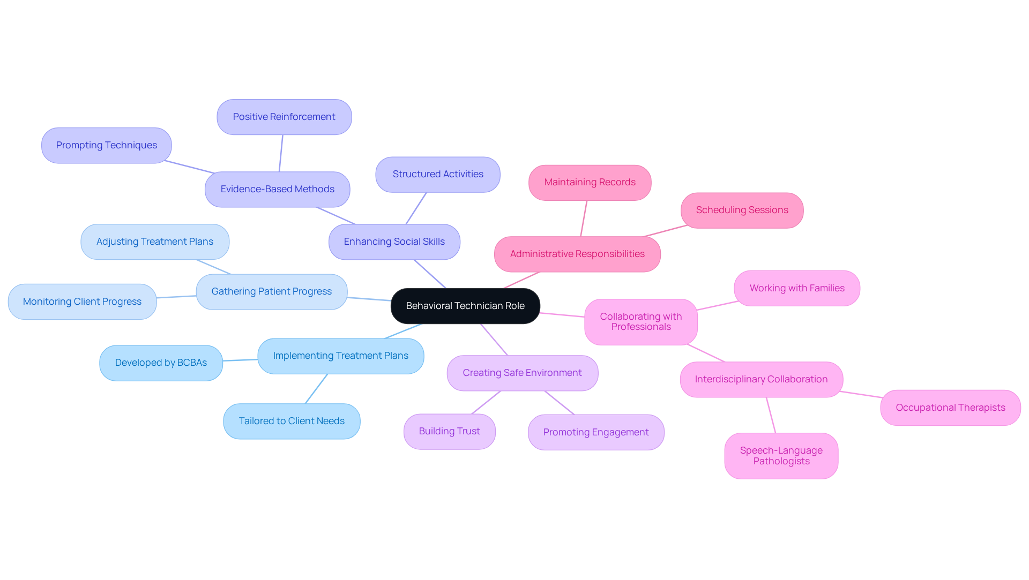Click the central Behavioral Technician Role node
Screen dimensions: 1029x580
pos(465,306)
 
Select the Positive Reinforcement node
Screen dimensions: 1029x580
pos(284,117)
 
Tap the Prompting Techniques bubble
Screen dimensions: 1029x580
pos(106,145)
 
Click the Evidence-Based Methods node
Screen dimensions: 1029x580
pos(277,189)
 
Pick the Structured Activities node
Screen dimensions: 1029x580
pos(437,174)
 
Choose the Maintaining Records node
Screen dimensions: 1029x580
pos(590,182)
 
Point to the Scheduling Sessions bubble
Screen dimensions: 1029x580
pos(742,210)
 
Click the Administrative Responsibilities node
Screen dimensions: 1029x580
pos(577,254)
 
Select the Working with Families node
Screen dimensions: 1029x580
pos(796,288)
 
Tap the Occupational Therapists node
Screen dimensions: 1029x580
pos(950,408)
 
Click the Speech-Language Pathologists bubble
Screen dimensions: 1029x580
pos(781,456)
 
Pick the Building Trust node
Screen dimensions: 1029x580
pos(449,431)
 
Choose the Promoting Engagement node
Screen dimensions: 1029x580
pos(595,432)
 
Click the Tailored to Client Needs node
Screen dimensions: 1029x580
pos(292,421)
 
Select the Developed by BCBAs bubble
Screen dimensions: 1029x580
pos(161,363)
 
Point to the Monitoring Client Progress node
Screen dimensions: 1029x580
pos(82,302)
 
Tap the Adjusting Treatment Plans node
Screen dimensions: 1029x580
pos(154,242)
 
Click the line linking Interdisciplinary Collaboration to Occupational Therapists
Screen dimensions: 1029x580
pos(861,394)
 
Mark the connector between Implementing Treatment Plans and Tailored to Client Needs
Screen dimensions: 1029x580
pos(316,389)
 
